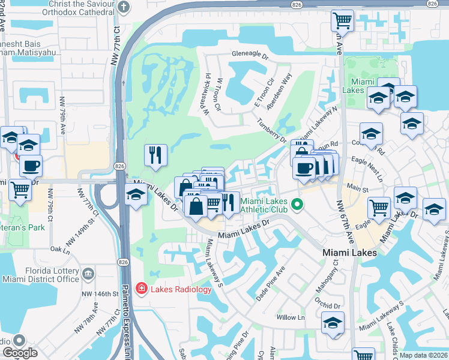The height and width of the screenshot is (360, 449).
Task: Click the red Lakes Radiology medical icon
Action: coord(141,289)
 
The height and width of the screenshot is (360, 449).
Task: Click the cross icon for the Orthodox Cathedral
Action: coord(124,8)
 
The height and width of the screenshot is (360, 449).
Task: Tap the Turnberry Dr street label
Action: coord(272,131)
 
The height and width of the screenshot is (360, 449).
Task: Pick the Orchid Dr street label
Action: coord(330,305)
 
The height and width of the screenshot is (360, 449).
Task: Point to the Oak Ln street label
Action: coord(61,248)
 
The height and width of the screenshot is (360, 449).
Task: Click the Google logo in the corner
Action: coord(20,353)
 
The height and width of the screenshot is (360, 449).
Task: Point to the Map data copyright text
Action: coord(424,355)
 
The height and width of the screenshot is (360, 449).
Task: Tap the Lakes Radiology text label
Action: coord(180,289)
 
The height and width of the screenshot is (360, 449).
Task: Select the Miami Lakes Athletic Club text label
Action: coord(265,206)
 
